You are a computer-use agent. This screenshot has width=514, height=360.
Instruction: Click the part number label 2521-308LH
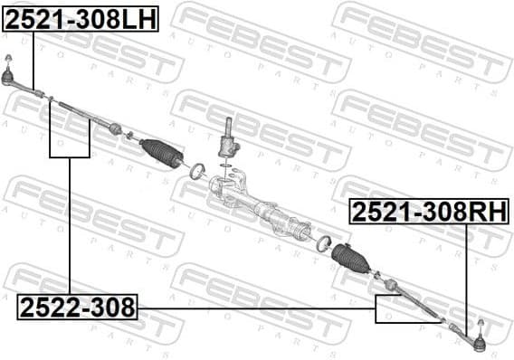81,17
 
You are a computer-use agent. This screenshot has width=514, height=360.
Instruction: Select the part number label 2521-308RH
428,212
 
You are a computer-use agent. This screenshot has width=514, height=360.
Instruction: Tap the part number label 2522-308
77,308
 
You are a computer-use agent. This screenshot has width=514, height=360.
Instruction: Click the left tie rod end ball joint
8,74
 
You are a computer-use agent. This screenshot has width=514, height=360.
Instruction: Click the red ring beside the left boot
196,169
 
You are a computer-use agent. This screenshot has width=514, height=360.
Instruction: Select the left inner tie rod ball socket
115,128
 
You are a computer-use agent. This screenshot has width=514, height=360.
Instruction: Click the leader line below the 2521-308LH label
33,59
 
